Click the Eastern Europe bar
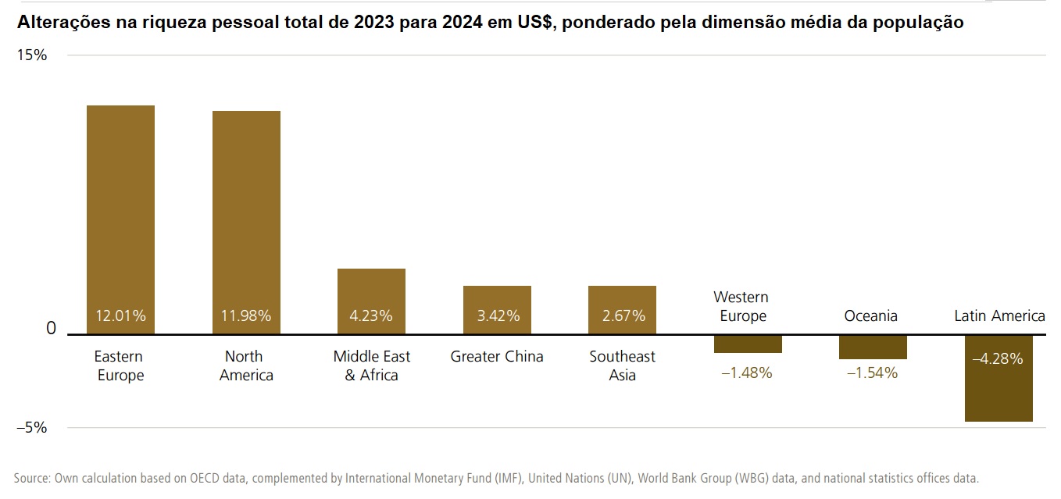(120, 211)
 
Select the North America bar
(246, 215)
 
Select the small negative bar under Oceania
(873, 348)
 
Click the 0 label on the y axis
(52, 329)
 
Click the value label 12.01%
(120, 316)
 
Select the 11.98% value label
(246, 316)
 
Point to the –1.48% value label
(747, 373)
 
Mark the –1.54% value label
(873, 373)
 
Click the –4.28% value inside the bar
(998, 360)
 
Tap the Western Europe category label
(741, 307)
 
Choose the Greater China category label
(497, 357)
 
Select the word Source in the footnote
(32, 478)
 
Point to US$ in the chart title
(537, 23)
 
